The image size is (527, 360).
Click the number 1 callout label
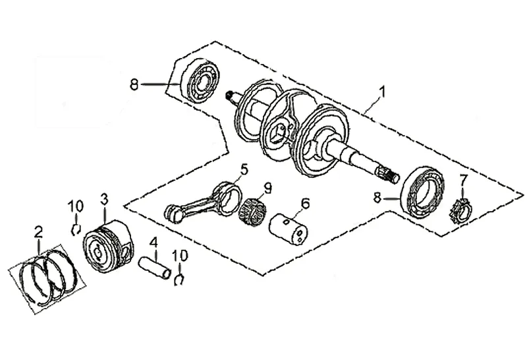381,90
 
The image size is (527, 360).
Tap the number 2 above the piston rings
38,231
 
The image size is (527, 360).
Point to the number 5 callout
244,170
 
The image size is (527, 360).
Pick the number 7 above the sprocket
463,180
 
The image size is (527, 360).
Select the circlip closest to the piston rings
76,229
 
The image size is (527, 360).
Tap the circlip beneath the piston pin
179,281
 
